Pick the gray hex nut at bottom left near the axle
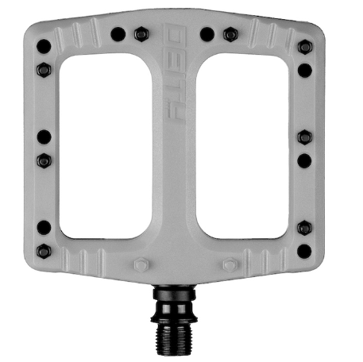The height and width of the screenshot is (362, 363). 141,264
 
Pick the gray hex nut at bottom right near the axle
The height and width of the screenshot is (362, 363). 230,264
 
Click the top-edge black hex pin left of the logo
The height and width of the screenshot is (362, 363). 141,34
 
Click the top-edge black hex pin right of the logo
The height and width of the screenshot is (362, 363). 230,34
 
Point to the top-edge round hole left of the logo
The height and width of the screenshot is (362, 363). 118,34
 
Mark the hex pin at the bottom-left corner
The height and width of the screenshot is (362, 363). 44,251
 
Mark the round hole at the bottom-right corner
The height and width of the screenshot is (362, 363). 304,251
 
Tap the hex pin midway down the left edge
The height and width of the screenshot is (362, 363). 44,160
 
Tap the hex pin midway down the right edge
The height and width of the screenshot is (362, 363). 304,137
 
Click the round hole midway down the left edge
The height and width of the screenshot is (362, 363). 44,137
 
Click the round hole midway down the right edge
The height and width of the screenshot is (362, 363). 304,160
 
